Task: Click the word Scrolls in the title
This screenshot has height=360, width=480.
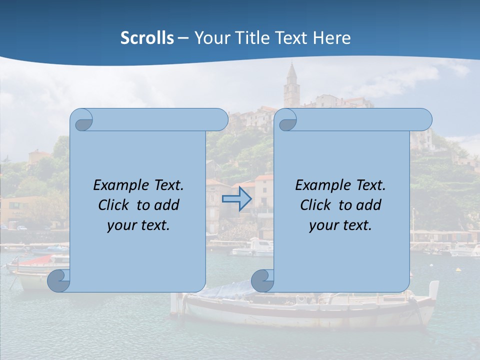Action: (147, 38)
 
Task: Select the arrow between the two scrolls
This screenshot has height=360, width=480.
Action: (236, 199)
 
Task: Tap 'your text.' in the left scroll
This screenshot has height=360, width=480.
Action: (138, 225)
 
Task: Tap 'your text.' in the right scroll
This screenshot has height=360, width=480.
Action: (340, 225)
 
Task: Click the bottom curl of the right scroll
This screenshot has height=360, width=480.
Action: (262, 280)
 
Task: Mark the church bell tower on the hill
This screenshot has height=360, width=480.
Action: (290, 85)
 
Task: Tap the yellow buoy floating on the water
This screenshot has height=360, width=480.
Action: (458, 270)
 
